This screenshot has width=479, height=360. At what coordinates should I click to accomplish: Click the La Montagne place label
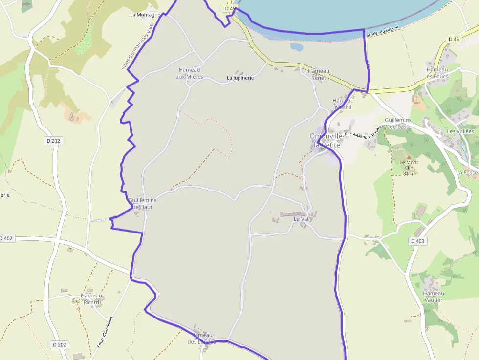point(145,15)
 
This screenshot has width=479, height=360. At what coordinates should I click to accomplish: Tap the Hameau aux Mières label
point(190,73)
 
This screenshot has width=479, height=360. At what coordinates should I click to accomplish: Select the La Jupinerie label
point(240,78)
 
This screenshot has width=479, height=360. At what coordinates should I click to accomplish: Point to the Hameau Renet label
point(319,74)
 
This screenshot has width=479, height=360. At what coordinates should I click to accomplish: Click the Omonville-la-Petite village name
point(325,140)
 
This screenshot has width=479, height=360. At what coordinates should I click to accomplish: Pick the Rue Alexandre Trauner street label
point(363,130)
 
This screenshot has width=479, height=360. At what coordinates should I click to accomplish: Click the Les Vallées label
point(460,132)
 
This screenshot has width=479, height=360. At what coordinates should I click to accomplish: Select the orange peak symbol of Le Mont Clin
point(409,157)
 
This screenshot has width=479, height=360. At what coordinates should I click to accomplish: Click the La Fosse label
point(467,173)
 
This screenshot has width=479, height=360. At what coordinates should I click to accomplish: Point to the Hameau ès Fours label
point(437,73)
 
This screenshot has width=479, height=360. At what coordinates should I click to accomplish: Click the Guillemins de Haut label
point(142,204)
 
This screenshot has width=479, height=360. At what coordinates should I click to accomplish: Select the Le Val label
point(301,219)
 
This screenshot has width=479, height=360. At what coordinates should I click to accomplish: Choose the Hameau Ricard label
point(91,299)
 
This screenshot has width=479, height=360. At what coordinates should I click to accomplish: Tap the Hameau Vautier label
point(434,296)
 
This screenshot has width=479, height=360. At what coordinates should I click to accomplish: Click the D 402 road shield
point(6,238)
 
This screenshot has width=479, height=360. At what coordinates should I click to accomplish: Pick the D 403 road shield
point(418,241)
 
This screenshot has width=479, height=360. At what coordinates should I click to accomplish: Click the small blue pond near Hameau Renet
point(296,47)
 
